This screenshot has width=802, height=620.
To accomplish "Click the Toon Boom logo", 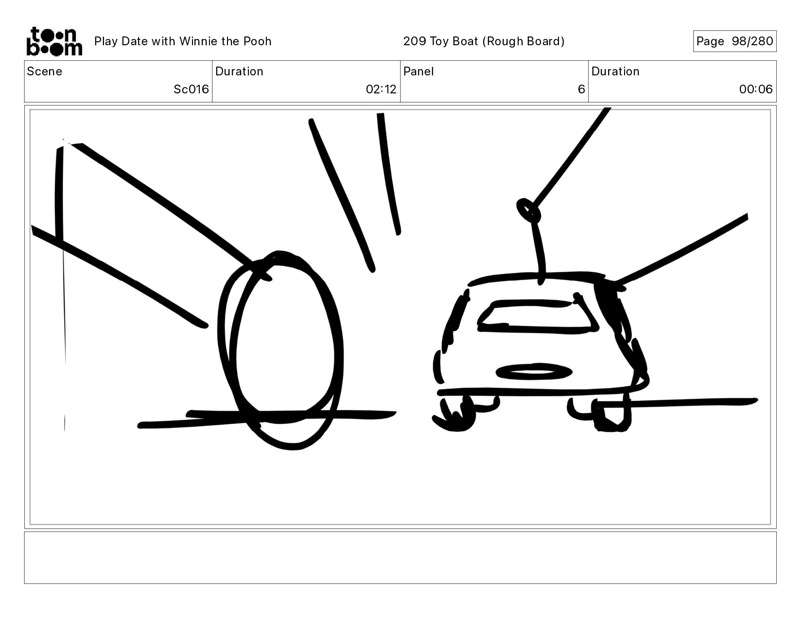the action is pyautogui.click(x=54, y=41).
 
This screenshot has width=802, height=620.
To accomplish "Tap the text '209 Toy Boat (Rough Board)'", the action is pyautogui.click(x=484, y=41).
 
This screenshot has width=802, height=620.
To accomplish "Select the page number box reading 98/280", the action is pyautogui.click(x=734, y=41).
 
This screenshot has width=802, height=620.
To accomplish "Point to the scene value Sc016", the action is pyautogui.click(x=191, y=89).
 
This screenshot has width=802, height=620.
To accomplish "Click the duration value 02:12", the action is pyautogui.click(x=381, y=89).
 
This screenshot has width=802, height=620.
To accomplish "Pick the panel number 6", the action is pyautogui.click(x=581, y=89).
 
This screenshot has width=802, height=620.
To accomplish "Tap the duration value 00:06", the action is pyautogui.click(x=756, y=89).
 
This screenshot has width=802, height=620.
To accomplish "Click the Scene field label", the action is pyautogui.click(x=44, y=71).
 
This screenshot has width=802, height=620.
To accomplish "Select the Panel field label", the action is pyautogui.click(x=418, y=71).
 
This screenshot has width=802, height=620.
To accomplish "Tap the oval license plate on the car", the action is pyautogui.click(x=534, y=372).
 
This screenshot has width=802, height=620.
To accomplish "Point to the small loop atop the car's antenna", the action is pyautogui.click(x=528, y=211).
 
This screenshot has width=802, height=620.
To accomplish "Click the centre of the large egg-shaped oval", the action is pyautogui.click(x=280, y=351).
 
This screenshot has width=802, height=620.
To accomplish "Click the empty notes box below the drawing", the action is pyautogui.click(x=401, y=558).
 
